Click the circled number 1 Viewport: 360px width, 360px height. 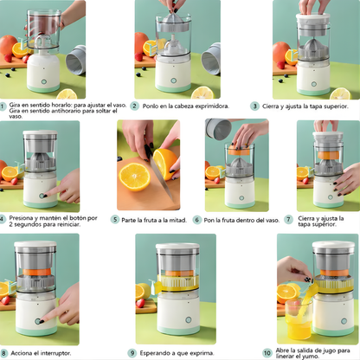click(3, 106)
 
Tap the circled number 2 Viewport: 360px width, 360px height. click(134, 106)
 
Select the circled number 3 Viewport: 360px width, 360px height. click(254, 106)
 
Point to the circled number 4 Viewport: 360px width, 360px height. click(3, 218)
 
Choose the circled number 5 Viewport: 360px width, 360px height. click(115, 220)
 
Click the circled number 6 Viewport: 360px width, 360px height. click(197, 220)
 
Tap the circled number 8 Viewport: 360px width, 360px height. click(3, 353)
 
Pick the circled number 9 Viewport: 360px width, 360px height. click(132, 353)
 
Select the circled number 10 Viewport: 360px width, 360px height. click(267, 352)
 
